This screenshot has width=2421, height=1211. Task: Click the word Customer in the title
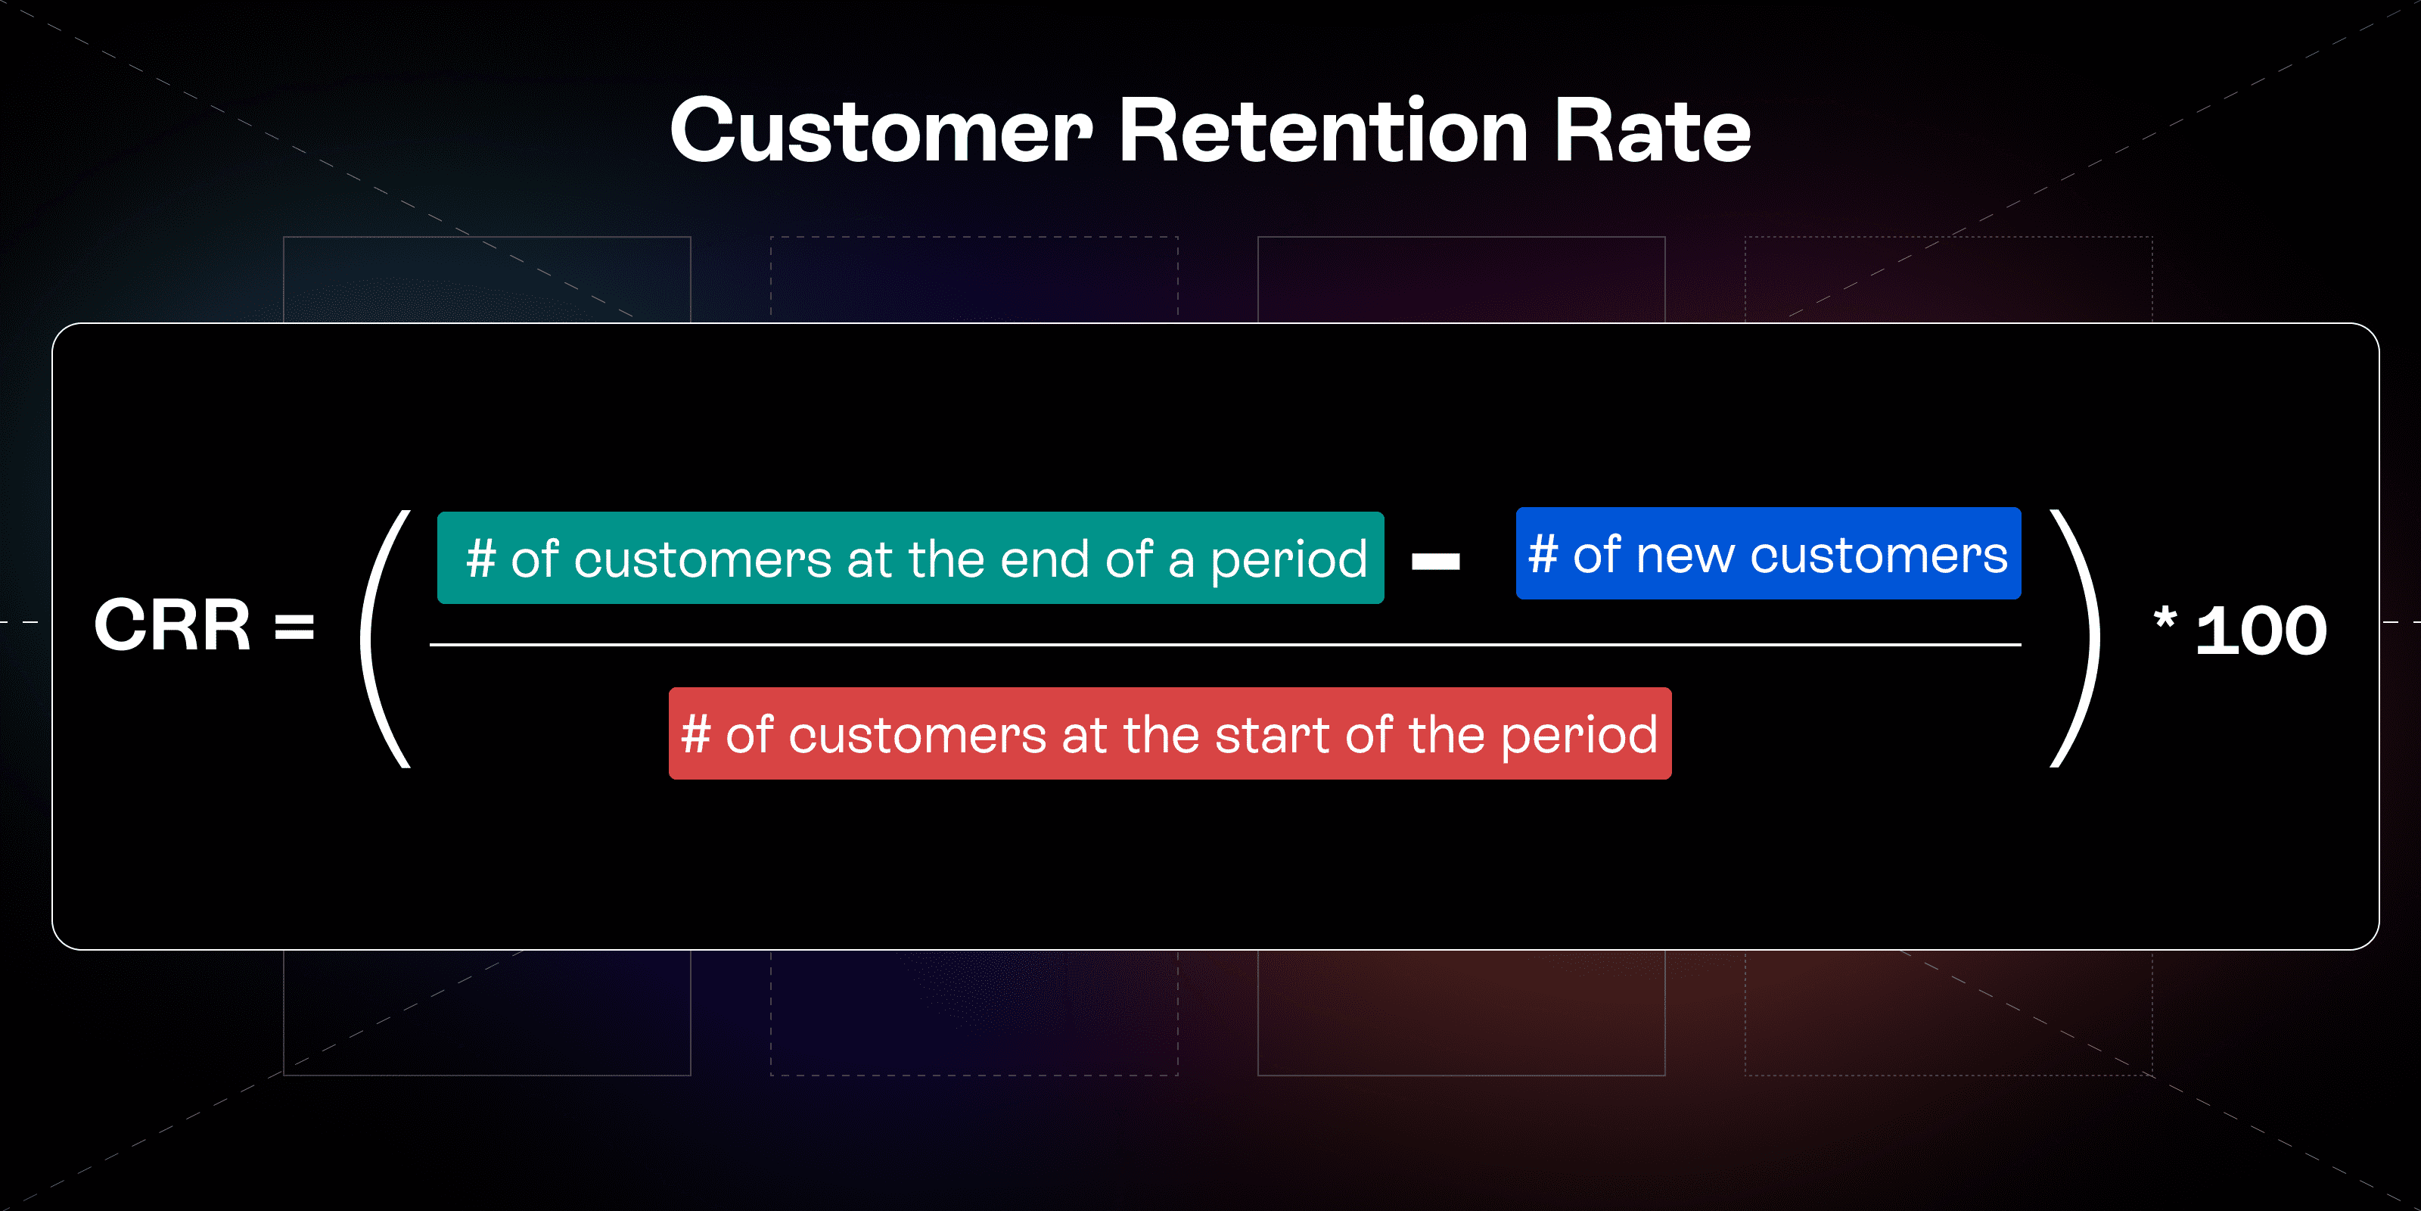point(881,131)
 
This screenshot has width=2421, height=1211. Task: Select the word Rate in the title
point(1652,131)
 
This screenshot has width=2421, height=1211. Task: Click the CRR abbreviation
point(172,625)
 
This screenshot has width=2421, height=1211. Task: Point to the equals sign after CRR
point(294,626)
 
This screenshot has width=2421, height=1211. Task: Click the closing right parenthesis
point(2075,640)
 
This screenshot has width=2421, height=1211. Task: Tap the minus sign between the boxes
point(1435,562)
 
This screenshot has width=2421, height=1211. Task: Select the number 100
point(2261,630)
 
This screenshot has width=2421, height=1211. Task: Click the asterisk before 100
point(2165,618)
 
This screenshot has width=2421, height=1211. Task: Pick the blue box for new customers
point(1768,553)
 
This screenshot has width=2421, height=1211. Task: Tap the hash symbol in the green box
point(481,558)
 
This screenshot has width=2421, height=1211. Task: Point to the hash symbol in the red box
point(695,733)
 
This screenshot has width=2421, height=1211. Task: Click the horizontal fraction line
point(1225,644)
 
